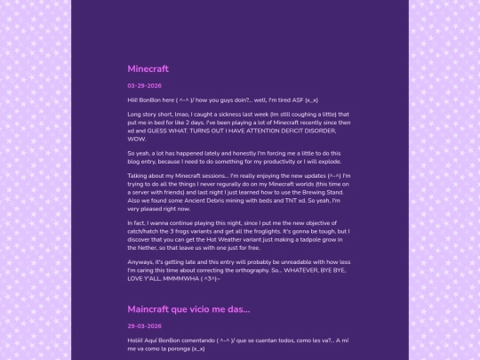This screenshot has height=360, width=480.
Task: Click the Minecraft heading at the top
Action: [x=148, y=68]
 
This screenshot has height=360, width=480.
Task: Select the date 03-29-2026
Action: [x=144, y=86]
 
